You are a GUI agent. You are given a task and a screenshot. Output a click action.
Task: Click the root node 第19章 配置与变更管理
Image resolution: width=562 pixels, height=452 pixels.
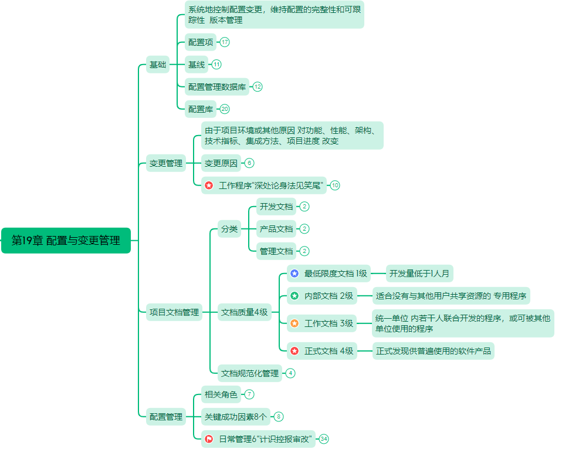point(66,240)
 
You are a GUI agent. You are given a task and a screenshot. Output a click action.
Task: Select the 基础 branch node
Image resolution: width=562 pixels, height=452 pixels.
point(158,65)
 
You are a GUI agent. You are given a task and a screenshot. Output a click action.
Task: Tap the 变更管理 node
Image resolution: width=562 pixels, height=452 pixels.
point(166,163)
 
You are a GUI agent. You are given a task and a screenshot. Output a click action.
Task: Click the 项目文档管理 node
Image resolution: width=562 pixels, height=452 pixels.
point(174,312)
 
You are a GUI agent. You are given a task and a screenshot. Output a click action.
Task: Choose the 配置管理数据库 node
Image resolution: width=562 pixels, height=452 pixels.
point(217,87)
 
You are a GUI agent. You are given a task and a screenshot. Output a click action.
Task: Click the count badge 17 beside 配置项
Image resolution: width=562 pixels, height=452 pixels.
point(225,42)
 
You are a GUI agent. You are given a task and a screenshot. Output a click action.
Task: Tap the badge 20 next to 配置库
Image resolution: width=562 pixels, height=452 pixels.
point(225,109)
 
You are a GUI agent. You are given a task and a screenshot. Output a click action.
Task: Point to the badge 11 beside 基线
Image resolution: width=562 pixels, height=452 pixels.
point(216,65)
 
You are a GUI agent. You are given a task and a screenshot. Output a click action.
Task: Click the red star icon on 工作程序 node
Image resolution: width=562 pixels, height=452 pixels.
point(209,185)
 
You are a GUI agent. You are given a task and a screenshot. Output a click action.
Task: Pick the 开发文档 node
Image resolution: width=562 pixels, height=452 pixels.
point(276,207)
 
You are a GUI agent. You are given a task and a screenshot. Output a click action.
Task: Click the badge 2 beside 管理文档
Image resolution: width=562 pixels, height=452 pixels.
point(304,251)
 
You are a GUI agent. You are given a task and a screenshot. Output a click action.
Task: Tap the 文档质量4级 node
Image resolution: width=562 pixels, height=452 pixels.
point(245,312)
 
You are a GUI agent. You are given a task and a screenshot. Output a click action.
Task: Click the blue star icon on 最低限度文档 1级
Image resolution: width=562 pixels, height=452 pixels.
point(294,274)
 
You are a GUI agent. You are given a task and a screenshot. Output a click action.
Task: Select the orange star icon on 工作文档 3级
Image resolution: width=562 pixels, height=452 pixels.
point(294,323)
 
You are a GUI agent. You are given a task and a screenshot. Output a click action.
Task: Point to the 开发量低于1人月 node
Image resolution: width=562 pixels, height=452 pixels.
point(419,274)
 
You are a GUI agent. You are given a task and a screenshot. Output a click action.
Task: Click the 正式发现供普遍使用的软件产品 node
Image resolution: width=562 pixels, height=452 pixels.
point(434,351)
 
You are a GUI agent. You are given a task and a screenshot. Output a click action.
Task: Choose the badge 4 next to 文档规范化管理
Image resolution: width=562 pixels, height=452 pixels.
point(290,373)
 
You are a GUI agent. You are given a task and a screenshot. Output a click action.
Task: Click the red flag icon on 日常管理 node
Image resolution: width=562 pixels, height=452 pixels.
point(209,438)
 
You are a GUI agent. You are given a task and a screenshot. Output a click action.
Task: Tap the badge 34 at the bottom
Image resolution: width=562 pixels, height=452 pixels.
point(324,438)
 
